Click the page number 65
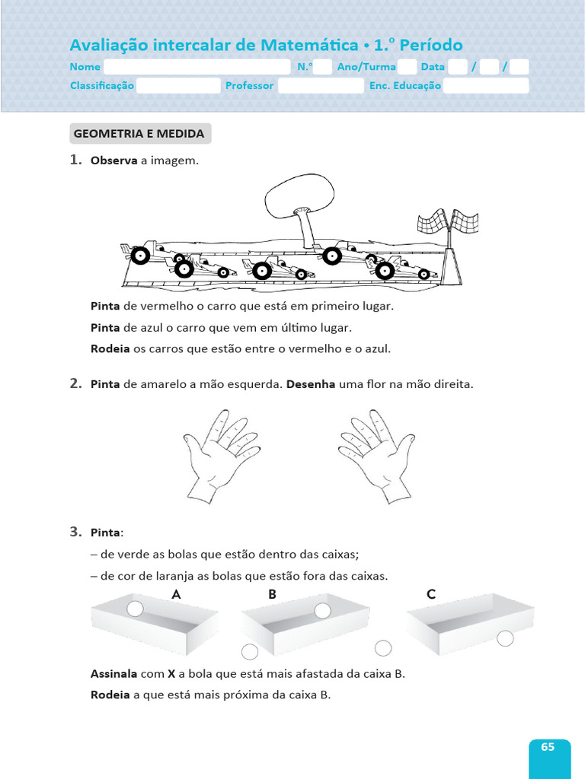(x=548, y=747)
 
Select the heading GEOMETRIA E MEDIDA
(x=139, y=134)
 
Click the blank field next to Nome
(x=197, y=67)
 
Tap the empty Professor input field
(x=321, y=86)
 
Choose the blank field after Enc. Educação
(x=486, y=86)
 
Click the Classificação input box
(x=178, y=86)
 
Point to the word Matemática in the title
(x=308, y=46)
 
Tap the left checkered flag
(x=432, y=223)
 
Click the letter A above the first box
(x=176, y=595)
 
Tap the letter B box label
(x=272, y=595)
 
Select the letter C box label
(x=431, y=595)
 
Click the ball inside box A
(x=135, y=609)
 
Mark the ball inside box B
(x=323, y=611)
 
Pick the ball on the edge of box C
(x=505, y=639)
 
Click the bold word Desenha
(x=311, y=384)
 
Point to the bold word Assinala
(x=114, y=674)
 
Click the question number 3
(x=75, y=532)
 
